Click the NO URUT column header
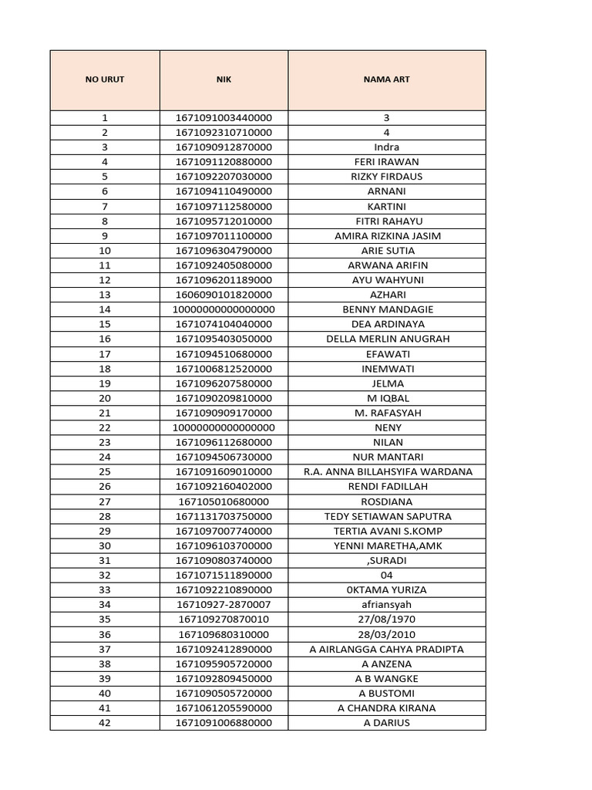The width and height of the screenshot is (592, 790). click(105, 79)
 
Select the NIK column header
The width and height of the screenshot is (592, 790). click(224, 79)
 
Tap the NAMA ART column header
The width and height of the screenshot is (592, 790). click(386, 79)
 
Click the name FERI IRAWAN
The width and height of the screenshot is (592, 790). click(386, 162)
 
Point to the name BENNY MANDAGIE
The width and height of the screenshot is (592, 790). click(386, 309)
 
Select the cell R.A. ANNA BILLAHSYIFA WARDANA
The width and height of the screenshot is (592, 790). click(386, 472)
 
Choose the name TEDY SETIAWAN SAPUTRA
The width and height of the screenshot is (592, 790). click(386, 516)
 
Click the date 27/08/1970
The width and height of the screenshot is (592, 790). click(386, 620)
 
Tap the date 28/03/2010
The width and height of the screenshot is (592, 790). click(386, 634)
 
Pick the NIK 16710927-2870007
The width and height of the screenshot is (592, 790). click(224, 605)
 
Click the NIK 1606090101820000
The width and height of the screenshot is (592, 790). click(224, 295)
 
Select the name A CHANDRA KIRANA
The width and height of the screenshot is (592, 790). click(386, 708)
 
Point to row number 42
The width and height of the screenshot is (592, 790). click(105, 723)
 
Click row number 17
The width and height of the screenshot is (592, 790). click(105, 354)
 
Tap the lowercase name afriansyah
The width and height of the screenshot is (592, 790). click(386, 605)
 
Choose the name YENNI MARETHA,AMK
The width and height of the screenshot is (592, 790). click(386, 545)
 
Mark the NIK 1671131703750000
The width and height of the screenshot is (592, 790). click(224, 516)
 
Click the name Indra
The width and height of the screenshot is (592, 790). click(386, 147)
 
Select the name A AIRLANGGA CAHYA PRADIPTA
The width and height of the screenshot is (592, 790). click(386, 649)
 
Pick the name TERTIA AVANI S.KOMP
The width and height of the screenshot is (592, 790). click(386, 531)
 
